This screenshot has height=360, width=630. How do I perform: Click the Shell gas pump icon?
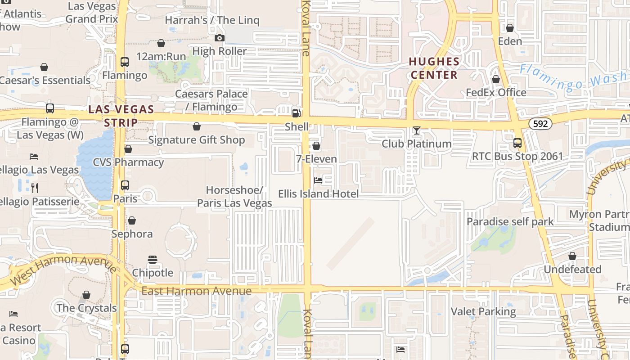(x=296, y=113)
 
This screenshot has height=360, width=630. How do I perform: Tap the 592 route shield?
(x=540, y=123)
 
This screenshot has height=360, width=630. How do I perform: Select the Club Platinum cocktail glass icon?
(x=417, y=130)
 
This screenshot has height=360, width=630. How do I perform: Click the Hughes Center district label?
(x=434, y=68)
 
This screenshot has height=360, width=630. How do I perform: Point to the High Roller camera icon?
(x=219, y=38)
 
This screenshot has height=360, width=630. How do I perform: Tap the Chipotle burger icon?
(x=153, y=260)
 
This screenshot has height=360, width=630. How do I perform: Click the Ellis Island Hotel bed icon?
(x=318, y=180)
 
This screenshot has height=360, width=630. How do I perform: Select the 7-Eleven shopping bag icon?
(x=316, y=146)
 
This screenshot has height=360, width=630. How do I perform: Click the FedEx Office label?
(x=496, y=93)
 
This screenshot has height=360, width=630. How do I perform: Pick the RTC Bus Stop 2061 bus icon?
(x=517, y=143)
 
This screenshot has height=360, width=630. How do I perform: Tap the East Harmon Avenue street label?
(x=196, y=291)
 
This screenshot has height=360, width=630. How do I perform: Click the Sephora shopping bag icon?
(x=132, y=220)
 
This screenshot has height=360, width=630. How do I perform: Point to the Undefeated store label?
(x=572, y=270)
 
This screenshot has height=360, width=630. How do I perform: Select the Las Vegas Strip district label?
(x=121, y=115)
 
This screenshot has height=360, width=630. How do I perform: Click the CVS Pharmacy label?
(x=128, y=162)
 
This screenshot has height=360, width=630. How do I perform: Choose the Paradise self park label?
(x=510, y=221)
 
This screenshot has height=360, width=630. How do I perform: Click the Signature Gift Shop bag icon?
(x=197, y=127)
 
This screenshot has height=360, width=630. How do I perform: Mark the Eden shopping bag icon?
(x=510, y=28)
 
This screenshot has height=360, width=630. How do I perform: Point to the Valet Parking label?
(x=483, y=311)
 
